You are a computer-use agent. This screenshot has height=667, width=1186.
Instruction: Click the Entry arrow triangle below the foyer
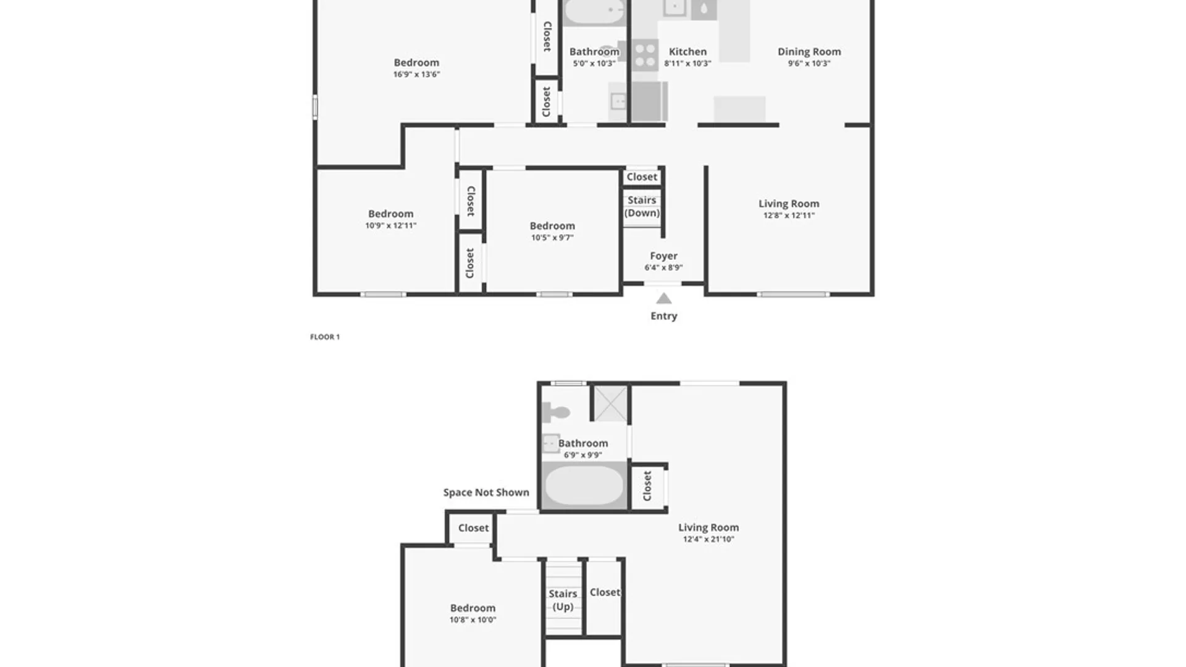(664, 299)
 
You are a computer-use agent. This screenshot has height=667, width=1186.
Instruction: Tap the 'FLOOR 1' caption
(325, 337)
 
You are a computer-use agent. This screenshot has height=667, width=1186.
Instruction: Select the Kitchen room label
(688, 52)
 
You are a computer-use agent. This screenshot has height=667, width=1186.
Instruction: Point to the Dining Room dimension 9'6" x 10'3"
(809, 64)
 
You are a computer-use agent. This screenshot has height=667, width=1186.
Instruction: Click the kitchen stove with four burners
(645, 55)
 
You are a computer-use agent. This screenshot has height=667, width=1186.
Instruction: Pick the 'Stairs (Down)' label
(642, 206)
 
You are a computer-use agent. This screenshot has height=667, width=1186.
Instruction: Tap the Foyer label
(664, 256)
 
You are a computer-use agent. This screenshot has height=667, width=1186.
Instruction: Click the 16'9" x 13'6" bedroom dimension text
(417, 75)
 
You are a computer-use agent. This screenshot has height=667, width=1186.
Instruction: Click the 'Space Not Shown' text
(486, 493)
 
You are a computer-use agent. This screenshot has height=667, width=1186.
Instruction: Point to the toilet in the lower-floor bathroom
(555, 412)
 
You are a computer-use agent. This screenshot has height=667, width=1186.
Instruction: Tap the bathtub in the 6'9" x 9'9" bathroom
(584, 485)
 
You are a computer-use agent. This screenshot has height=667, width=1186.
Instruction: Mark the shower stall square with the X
(610, 403)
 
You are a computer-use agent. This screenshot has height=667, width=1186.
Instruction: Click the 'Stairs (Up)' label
(563, 600)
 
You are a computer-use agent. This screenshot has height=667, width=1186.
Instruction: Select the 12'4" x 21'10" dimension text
(709, 540)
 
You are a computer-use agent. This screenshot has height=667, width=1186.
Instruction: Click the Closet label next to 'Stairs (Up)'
(605, 592)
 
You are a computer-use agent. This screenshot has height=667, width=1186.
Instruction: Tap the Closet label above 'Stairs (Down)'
(642, 177)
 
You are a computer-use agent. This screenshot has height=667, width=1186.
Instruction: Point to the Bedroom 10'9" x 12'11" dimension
(391, 226)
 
